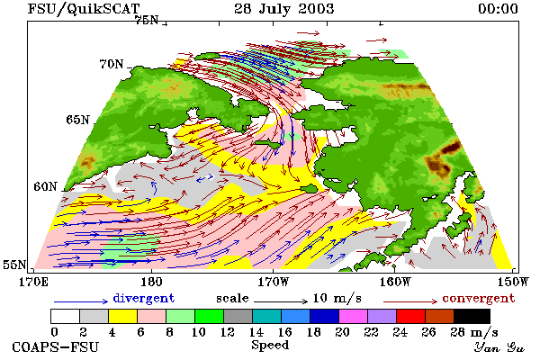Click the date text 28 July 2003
click(x=283, y=9)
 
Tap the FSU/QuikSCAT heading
click(x=84, y=9)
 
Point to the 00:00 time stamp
click(x=498, y=9)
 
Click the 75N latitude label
click(x=147, y=21)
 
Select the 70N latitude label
click(x=112, y=64)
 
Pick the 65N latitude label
click(x=77, y=120)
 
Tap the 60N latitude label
click(x=45, y=186)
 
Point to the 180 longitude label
click(x=151, y=282)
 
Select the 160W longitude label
click(x=395, y=282)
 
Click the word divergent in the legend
click(x=144, y=298)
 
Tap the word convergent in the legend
click(x=479, y=298)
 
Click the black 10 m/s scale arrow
click(x=281, y=301)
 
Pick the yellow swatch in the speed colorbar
click(x=122, y=316)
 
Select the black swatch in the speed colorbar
click(x=472, y=316)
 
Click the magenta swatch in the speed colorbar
click(x=354, y=316)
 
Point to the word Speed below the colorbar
click(x=270, y=346)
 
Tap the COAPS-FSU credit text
click(x=56, y=346)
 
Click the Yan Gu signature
click(x=499, y=347)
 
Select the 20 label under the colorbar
click(x=342, y=332)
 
